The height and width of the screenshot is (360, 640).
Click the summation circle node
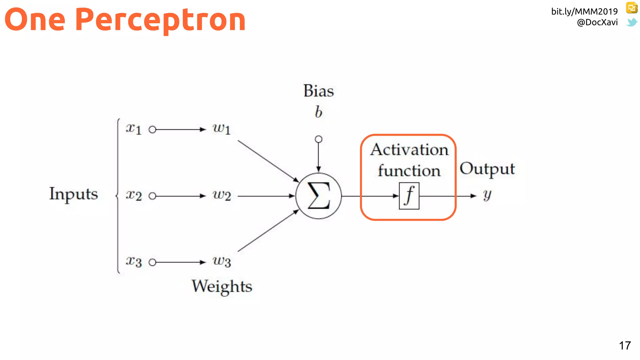point(318,196)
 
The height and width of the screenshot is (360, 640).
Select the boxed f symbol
point(409,196)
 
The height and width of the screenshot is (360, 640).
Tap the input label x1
point(134,128)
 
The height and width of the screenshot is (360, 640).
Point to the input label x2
point(134,195)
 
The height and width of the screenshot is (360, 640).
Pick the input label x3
point(134,261)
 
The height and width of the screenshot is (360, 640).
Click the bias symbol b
point(318,112)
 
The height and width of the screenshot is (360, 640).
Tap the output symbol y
point(487,195)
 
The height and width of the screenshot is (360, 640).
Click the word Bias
point(318,91)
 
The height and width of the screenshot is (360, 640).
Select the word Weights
point(222,286)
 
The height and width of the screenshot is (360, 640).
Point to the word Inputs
point(73,194)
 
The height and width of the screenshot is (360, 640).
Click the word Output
point(487,169)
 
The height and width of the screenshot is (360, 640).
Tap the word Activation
point(409,150)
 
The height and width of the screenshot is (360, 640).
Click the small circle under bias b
point(318,139)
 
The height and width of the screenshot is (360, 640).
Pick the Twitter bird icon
point(632,22)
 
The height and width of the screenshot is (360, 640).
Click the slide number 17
point(625,346)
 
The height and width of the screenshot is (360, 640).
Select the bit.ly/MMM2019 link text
point(584,12)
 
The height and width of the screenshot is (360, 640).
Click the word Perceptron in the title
point(160,20)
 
